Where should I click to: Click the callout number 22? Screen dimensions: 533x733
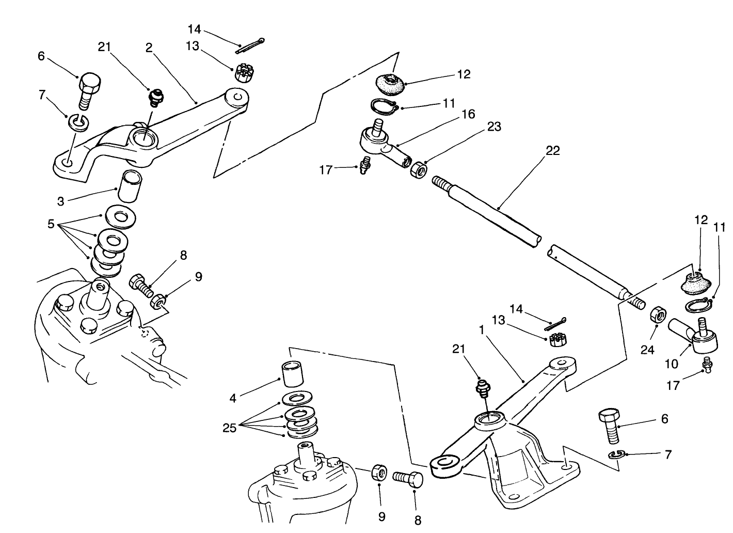click(552, 151)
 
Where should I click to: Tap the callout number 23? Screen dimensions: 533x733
click(494, 127)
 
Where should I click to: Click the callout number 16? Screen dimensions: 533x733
click(469, 114)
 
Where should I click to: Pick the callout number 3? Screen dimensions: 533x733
click(61, 201)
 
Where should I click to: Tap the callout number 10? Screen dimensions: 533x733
click(671, 364)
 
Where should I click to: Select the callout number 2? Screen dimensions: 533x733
click(149, 48)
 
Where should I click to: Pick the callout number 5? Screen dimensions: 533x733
click(51, 224)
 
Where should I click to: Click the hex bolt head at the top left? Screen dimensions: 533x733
click(90, 83)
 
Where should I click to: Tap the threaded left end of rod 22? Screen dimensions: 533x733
click(441, 183)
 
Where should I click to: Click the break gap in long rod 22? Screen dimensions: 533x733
click(545, 244)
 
